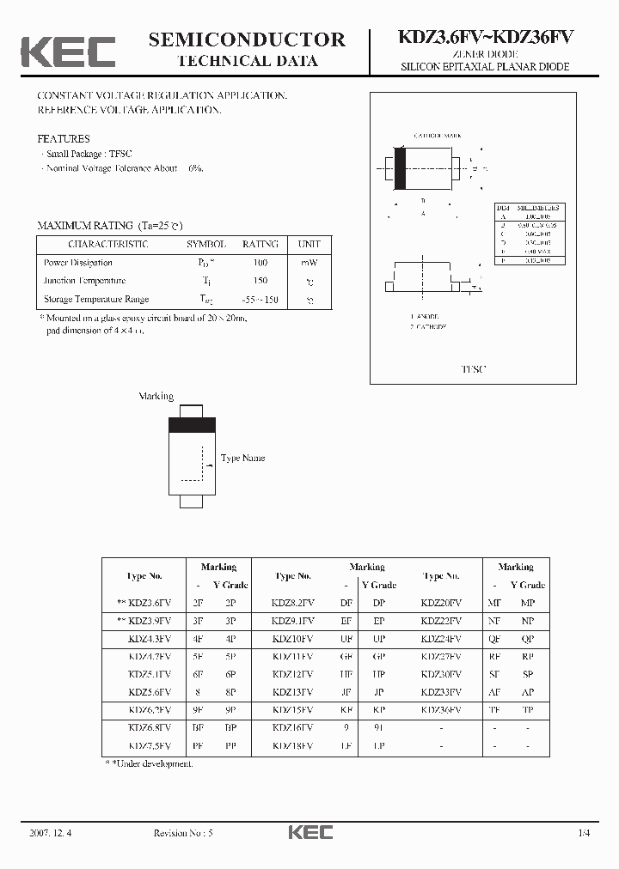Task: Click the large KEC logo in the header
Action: click(x=68, y=51)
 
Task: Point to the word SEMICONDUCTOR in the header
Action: click(x=247, y=39)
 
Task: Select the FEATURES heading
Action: click(x=63, y=138)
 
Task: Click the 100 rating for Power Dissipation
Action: click(x=260, y=263)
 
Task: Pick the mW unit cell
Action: click(x=309, y=263)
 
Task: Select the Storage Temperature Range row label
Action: click(x=96, y=299)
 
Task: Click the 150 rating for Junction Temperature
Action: click(x=260, y=281)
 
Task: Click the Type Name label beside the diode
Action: click(x=242, y=458)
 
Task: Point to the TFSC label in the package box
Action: click(x=473, y=368)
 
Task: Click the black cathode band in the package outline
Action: click(x=400, y=168)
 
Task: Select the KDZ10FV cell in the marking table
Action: click(x=293, y=638)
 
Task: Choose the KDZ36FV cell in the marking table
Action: click(x=441, y=710)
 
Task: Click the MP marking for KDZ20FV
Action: click(x=527, y=603)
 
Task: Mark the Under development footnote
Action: click(x=149, y=763)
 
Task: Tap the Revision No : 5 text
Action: click(x=183, y=832)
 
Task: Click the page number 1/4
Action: click(x=585, y=832)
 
